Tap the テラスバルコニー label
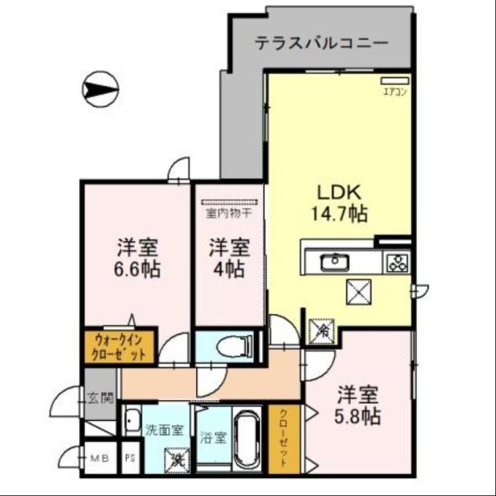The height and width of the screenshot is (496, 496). click(x=322, y=44)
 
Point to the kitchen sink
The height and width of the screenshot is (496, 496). click(x=335, y=262)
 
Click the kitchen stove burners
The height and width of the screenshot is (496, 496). click(x=396, y=262)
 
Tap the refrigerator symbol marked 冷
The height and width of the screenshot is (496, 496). click(x=322, y=329)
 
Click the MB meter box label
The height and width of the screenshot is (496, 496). click(x=99, y=459)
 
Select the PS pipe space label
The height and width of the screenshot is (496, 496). click(x=130, y=459)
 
